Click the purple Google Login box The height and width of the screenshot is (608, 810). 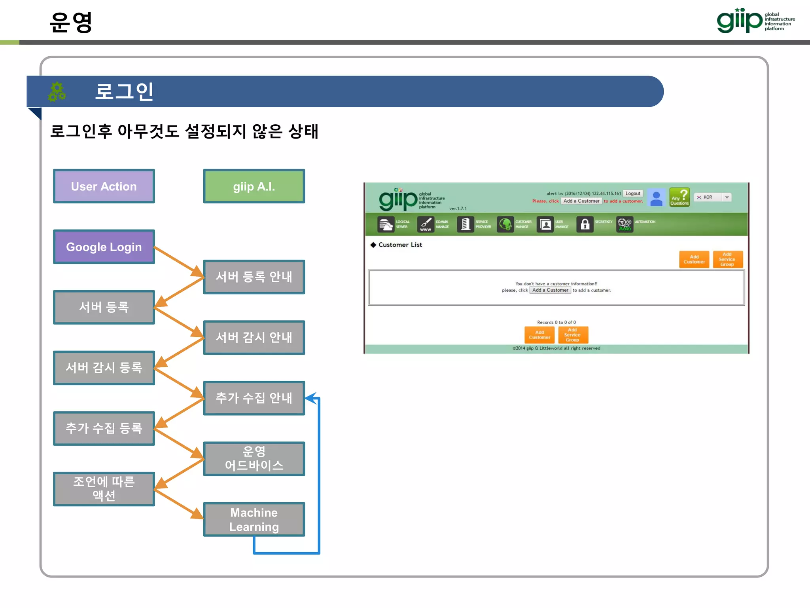pyautogui.click(x=104, y=247)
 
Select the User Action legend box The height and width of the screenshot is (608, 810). pyautogui.click(x=104, y=186)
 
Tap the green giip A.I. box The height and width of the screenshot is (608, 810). pyautogui.click(x=254, y=186)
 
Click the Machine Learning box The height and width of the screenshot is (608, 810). pyautogui.click(x=254, y=519)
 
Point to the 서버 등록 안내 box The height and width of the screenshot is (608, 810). pyautogui.click(x=254, y=277)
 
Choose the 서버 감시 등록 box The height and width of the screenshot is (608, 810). pyautogui.click(x=104, y=368)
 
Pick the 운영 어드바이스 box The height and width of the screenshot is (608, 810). pyautogui.click(x=254, y=458)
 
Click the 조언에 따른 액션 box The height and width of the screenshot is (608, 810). pyautogui.click(x=104, y=488)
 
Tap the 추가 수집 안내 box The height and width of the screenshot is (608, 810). pyautogui.click(x=254, y=398)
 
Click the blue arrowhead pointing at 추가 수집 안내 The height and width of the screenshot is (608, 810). pyautogui.click(x=311, y=398)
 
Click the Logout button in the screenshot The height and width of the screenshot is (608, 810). pyautogui.click(x=632, y=194)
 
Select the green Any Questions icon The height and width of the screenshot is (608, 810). pyautogui.click(x=679, y=197)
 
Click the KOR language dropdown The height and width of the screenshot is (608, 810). pyautogui.click(x=713, y=197)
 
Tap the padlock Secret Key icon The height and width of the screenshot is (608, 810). pyautogui.click(x=585, y=224)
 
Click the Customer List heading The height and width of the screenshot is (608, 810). pyautogui.click(x=400, y=245)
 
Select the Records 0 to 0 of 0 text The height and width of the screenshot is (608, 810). pyautogui.click(x=556, y=322)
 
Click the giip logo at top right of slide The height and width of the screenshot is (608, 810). pyautogui.click(x=755, y=21)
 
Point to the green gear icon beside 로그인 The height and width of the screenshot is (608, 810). pyautogui.click(x=57, y=91)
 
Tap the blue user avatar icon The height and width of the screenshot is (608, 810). pyautogui.click(x=656, y=198)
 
